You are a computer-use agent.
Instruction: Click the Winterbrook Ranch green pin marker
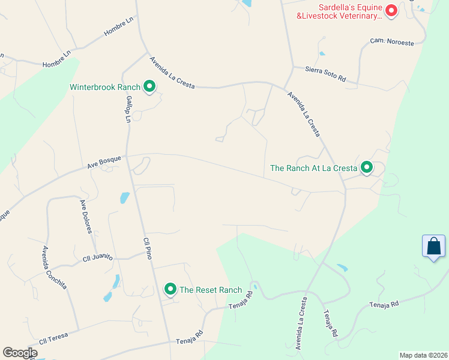click(149, 87)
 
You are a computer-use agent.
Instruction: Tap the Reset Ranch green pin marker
click(170, 290)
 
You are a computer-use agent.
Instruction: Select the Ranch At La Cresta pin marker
click(366, 168)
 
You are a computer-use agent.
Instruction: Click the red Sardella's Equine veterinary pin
click(391, 10)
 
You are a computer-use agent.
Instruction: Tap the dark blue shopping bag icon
click(433, 247)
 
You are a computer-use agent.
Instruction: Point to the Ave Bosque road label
click(104, 162)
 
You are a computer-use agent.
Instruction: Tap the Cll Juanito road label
click(98, 257)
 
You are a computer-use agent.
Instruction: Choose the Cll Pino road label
click(147, 248)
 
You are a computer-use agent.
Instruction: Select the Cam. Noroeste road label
click(391, 43)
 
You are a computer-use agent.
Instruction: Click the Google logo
click(20, 353)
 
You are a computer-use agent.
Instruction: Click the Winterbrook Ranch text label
click(104, 87)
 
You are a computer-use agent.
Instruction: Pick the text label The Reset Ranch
click(211, 290)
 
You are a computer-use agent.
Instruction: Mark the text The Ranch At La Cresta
click(313, 168)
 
